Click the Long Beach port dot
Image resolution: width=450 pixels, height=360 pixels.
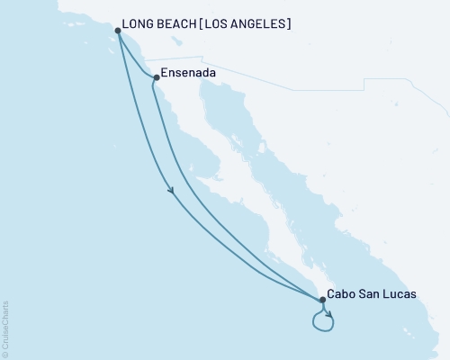point(118,31)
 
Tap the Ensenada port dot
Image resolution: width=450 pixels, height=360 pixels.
point(156,77)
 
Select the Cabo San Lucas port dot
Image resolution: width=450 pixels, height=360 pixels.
point(321,299)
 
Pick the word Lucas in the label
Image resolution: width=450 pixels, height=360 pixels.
point(399,293)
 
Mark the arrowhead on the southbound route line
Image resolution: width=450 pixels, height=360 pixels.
point(171,189)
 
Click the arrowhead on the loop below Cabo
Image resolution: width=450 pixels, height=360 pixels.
point(329,315)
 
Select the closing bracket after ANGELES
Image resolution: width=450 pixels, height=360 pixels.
point(289,23)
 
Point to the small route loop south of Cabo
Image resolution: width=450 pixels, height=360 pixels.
point(321,320)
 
